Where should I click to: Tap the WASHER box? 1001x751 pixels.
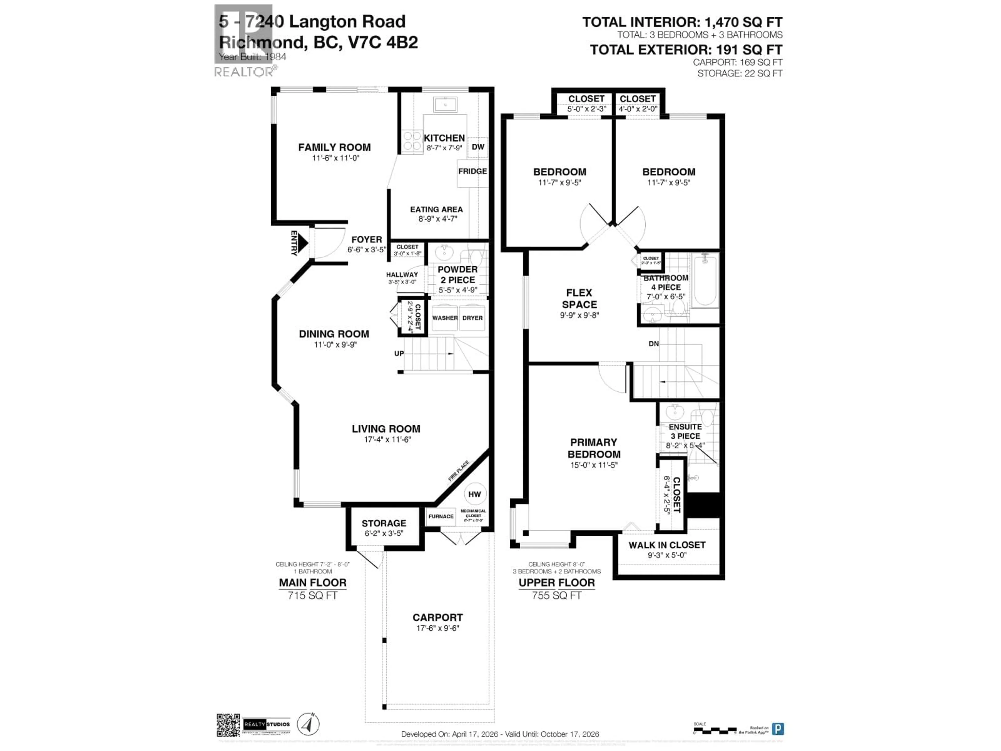[x=444, y=318]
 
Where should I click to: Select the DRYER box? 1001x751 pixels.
[x=472, y=318]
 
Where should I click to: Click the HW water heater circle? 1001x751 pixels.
[x=474, y=494]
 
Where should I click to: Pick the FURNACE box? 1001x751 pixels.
[x=441, y=517]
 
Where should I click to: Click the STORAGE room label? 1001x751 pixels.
[x=384, y=523]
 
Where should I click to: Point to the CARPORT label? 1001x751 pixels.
[x=438, y=617]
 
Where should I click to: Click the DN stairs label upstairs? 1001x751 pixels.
[x=654, y=344]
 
